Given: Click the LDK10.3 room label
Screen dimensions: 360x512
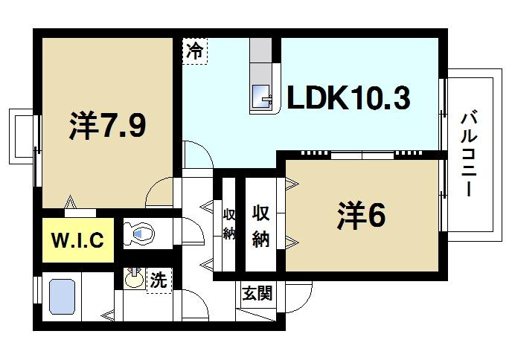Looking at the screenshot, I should point(348,100).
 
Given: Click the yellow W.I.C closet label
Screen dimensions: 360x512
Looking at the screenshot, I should point(77,240).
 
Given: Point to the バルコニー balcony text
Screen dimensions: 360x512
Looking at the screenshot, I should point(468,153).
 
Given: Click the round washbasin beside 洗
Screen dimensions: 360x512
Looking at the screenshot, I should point(134,280).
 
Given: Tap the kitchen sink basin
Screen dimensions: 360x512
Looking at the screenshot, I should point(262,97).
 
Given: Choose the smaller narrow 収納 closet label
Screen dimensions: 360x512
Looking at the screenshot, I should point(229,224).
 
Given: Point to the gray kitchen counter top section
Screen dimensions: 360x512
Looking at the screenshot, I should point(262,58).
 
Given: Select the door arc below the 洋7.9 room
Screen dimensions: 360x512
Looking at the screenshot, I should point(160,193).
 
